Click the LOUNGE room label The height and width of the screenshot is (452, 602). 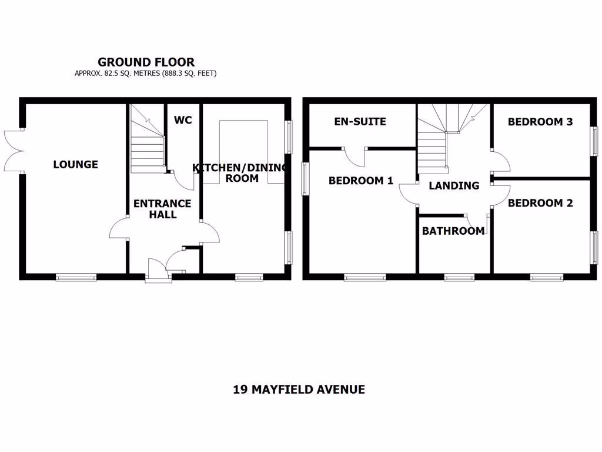(75, 164)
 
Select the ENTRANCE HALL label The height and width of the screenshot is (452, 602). (162, 209)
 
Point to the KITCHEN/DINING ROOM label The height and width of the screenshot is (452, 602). (241, 173)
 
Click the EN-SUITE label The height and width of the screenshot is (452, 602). (360, 122)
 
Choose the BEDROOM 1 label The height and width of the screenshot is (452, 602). (360, 181)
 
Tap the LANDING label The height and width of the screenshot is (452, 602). (454, 185)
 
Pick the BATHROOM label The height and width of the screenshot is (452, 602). (453, 231)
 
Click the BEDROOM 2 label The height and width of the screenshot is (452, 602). (540, 203)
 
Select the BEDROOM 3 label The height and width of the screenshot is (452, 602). (540, 122)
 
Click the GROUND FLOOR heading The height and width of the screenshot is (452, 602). (146, 62)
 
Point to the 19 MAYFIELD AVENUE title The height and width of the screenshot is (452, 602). (299, 389)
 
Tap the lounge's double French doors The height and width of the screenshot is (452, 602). (14, 150)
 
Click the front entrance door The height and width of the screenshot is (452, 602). (157, 271)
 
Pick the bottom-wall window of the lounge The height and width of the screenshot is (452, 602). (76, 276)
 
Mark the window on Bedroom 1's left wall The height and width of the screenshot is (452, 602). (305, 178)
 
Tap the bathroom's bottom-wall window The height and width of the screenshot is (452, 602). (459, 276)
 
